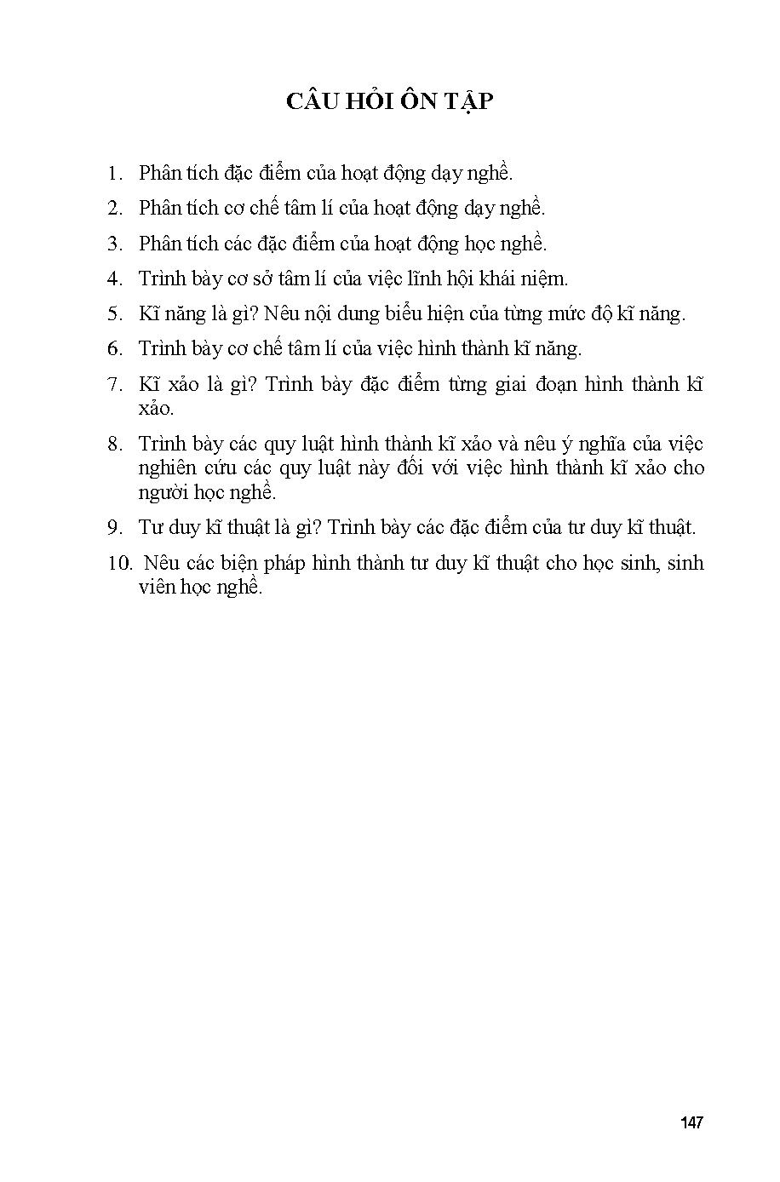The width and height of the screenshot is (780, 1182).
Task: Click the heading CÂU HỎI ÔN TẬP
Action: click(x=389, y=101)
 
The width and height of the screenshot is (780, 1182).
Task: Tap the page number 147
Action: click(x=691, y=1122)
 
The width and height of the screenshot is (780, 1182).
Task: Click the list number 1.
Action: click(x=114, y=173)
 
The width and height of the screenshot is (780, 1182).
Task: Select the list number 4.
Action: click(x=114, y=278)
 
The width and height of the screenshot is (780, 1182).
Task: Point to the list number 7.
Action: click(x=114, y=384)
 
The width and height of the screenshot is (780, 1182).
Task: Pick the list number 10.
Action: click(x=119, y=564)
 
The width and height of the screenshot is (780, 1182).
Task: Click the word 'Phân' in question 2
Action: click(x=159, y=209)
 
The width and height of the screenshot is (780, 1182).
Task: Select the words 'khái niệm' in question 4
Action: click(x=531, y=278)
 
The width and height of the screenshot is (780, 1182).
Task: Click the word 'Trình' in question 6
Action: click(x=162, y=348)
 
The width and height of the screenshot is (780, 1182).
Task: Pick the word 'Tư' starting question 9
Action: click(x=150, y=528)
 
